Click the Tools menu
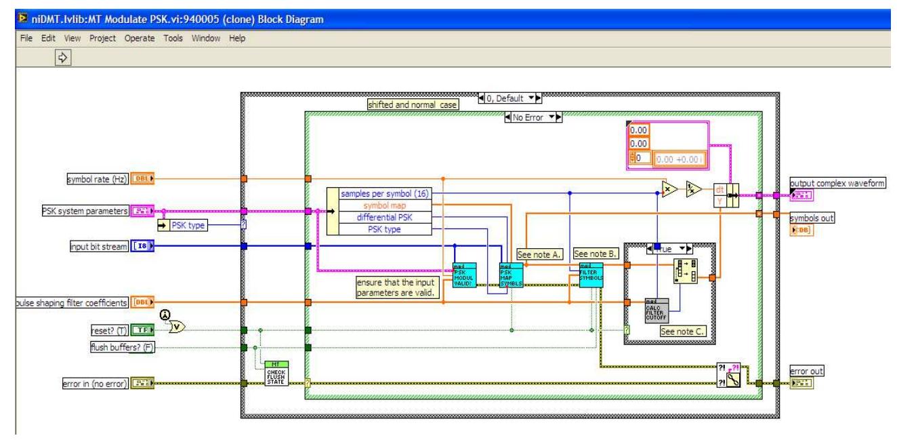(x=174, y=38)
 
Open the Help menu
(x=237, y=38)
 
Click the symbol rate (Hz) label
(x=94, y=179)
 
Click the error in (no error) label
(x=93, y=385)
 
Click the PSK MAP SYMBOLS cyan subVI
(x=511, y=275)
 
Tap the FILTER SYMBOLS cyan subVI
(x=591, y=274)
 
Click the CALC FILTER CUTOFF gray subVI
(x=656, y=311)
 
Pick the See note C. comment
(x=681, y=332)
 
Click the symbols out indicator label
(x=812, y=218)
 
